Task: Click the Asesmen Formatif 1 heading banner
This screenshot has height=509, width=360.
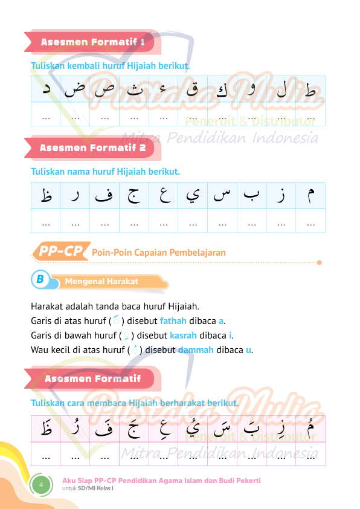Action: [92, 42]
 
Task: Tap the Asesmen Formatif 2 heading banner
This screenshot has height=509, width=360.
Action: [92, 148]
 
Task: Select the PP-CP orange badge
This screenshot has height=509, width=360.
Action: [60, 251]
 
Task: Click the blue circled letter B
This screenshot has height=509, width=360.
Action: [40, 279]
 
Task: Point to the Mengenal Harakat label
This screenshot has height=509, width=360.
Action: [101, 281]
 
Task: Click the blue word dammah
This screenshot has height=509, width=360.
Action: [196, 349]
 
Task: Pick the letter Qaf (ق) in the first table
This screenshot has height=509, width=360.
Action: [193, 90]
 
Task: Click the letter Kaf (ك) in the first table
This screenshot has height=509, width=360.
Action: [222, 90]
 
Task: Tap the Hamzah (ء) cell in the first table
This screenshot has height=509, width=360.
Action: [164, 90]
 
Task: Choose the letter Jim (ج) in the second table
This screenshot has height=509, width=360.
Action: [134, 195]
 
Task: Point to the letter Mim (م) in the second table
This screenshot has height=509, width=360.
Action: [310, 195]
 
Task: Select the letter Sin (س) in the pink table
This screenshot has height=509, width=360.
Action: [222, 429]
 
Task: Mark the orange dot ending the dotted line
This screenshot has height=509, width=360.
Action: [320, 262]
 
